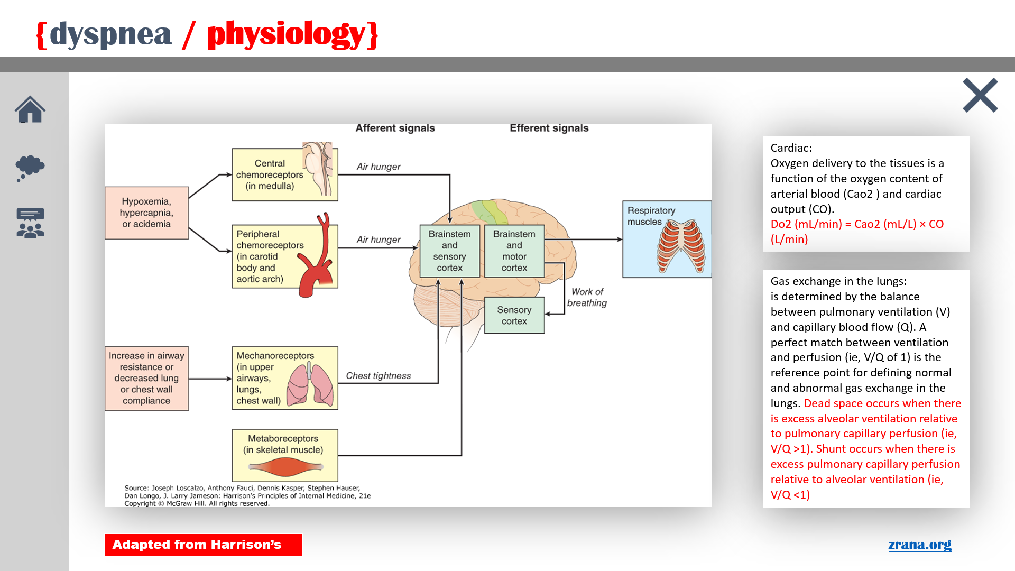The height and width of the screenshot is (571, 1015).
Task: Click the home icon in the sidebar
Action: [x=30, y=109]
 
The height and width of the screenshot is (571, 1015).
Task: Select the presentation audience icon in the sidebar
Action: [x=30, y=223]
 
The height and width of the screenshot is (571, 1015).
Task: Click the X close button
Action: [x=980, y=95]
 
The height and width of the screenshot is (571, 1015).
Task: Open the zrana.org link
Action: [x=919, y=545]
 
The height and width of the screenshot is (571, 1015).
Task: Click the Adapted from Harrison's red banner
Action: [x=203, y=545]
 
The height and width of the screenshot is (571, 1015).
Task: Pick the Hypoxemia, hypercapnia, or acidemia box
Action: [x=146, y=213]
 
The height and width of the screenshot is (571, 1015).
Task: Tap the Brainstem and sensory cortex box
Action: [x=449, y=251]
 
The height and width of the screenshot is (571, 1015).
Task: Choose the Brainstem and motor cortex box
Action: [x=514, y=251]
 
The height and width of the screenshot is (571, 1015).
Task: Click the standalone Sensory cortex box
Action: [x=514, y=315]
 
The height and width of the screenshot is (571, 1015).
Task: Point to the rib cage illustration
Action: [x=681, y=246]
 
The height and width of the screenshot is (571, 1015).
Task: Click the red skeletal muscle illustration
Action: [x=285, y=467]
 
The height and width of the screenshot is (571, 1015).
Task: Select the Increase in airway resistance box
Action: [x=146, y=378]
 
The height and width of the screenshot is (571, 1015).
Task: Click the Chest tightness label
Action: [x=378, y=376]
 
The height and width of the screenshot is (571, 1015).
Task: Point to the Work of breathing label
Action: [x=587, y=297]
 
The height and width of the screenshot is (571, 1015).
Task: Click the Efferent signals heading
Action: [x=549, y=128]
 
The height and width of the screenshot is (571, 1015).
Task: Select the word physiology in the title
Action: [x=286, y=35]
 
